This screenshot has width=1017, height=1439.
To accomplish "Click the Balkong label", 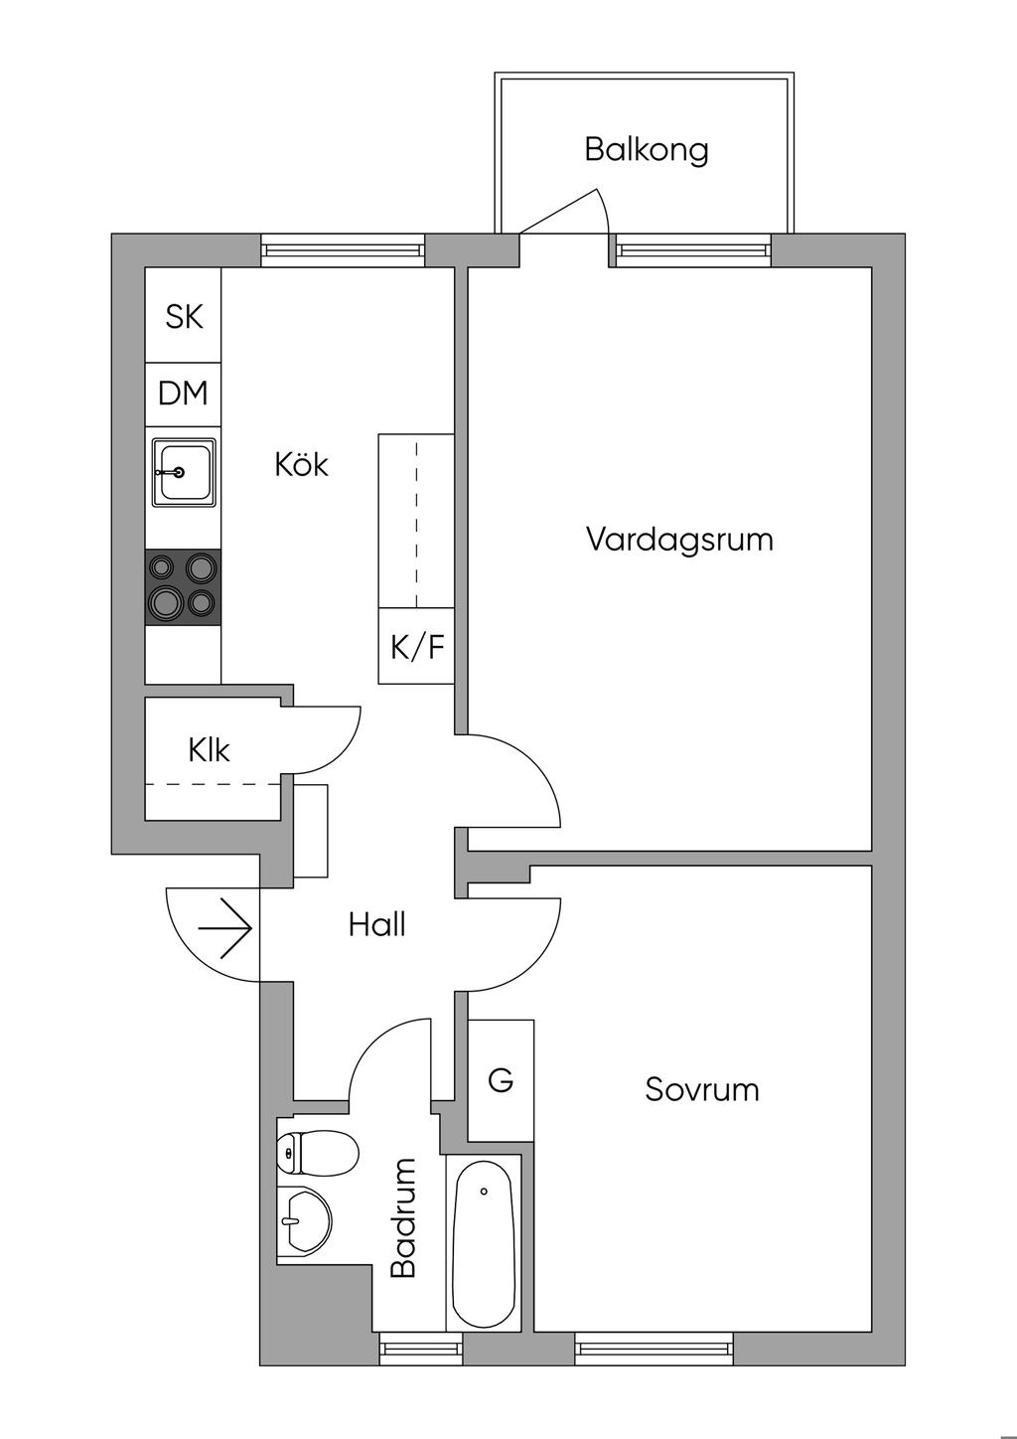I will (x=646, y=150).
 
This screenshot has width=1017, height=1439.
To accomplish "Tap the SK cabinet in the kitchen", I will (x=184, y=316).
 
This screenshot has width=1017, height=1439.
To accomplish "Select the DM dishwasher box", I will (x=184, y=393).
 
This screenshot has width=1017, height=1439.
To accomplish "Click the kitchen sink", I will (x=183, y=472).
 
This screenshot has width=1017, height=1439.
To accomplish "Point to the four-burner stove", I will (x=184, y=586).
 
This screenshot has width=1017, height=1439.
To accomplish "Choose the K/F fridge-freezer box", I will (x=416, y=647).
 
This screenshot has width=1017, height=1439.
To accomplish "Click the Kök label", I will (x=301, y=464).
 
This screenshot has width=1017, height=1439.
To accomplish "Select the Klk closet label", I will (x=209, y=749).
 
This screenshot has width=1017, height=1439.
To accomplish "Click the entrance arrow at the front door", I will (x=225, y=927).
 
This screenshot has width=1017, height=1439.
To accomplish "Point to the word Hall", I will (x=376, y=925).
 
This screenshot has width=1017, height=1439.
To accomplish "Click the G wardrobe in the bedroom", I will (x=501, y=1079).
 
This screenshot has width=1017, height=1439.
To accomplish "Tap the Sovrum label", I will (x=701, y=1089).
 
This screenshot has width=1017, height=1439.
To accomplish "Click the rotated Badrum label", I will (x=403, y=1218).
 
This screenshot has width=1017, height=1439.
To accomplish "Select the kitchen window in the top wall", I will (x=343, y=249).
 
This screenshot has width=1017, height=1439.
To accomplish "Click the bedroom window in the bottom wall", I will (x=654, y=1348).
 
